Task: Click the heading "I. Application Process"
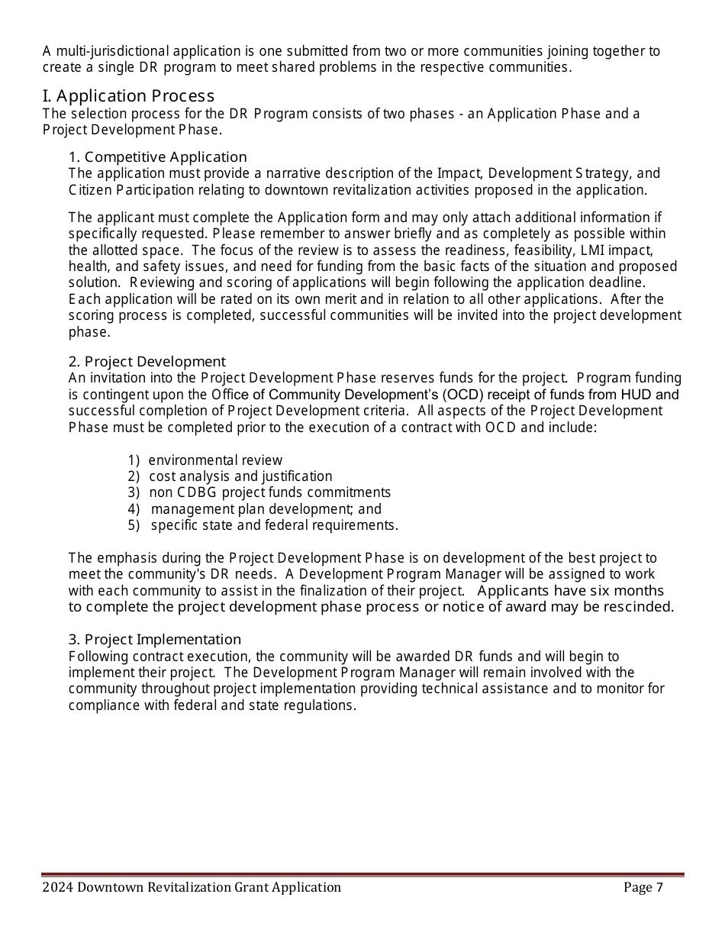click(128, 96)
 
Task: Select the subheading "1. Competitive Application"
click(158, 157)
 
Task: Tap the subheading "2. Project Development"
click(147, 362)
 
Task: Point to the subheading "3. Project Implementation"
click(155, 640)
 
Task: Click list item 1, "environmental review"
click(215, 460)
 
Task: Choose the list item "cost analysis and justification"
click(240, 476)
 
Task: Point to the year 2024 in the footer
click(58, 887)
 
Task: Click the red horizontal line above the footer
click(362, 875)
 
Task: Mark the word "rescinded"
click(640, 607)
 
